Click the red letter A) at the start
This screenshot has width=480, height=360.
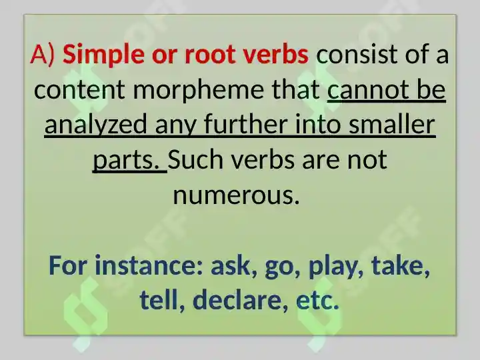point(43,55)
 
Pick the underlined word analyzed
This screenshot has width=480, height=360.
point(97,125)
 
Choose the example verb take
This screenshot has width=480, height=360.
point(400,266)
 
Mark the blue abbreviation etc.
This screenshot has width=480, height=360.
point(317,301)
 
